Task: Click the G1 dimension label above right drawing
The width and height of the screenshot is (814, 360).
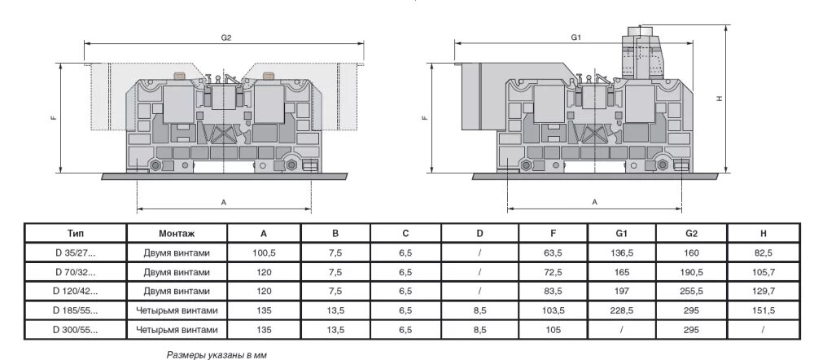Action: [575, 37]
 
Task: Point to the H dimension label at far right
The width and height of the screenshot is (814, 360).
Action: [720, 99]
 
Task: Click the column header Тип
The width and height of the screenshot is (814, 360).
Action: [76, 233]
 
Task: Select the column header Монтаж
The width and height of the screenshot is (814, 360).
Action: [177, 233]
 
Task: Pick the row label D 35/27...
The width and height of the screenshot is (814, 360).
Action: [76, 253]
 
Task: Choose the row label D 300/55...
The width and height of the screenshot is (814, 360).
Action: [76, 330]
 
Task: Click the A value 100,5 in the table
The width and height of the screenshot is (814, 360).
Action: [265, 253]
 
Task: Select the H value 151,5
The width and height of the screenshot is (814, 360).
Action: [764, 310]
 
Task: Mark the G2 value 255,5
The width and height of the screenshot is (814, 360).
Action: [693, 292]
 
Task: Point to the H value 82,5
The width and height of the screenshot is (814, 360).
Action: [764, 253]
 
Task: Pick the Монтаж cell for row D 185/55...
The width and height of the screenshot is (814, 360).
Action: [177, 310]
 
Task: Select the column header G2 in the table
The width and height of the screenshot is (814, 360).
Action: [693, 233]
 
